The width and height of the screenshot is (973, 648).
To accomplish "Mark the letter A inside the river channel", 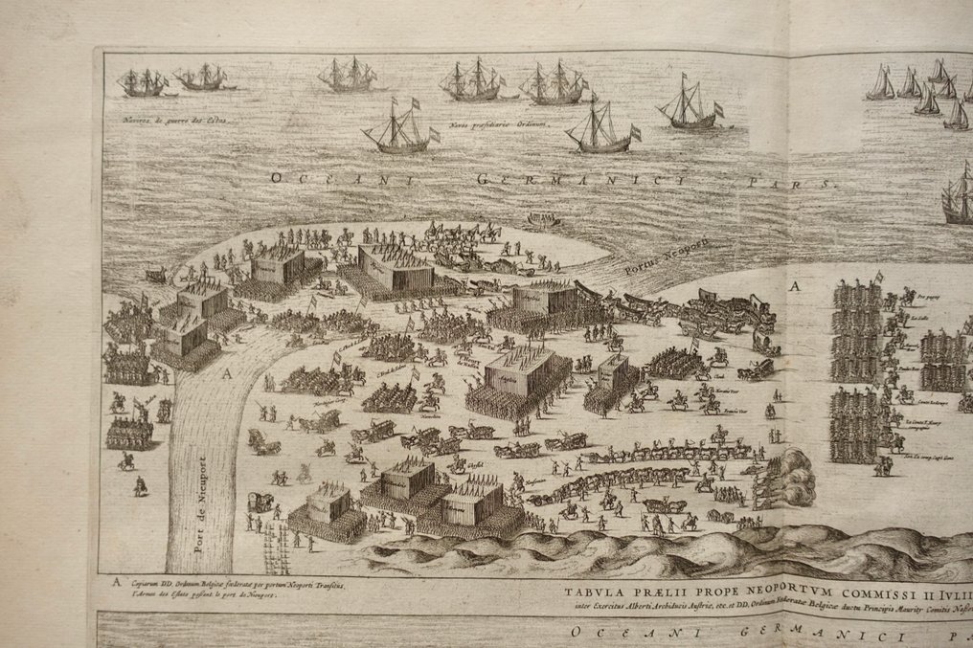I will (x=227, y=375).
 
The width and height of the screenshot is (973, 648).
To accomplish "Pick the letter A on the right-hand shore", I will (x=794, y=285).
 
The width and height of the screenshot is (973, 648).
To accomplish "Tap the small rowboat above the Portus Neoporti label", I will (x=543, y=220).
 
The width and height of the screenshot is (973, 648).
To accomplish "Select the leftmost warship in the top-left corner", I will (x=143, y=83).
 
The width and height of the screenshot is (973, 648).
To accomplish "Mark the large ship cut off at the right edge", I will (x=958, y=199).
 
